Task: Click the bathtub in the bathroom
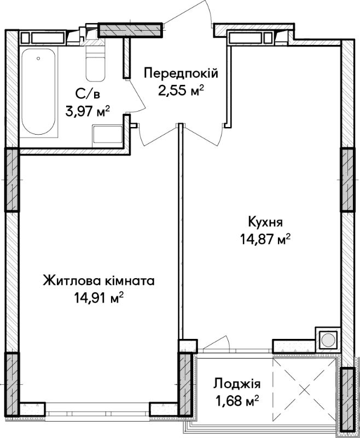coord(38,91)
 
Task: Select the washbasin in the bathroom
coord(107,136)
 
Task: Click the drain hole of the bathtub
coord(38,59)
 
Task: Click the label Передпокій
coord(181,74)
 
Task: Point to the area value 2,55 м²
coord(181,91)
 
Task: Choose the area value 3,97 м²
coord(88,111)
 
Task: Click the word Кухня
coord(265,223)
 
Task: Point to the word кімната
coord(130,281)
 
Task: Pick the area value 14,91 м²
coord(98,298)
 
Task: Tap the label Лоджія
coord(237,384)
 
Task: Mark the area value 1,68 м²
coord(237,401)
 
